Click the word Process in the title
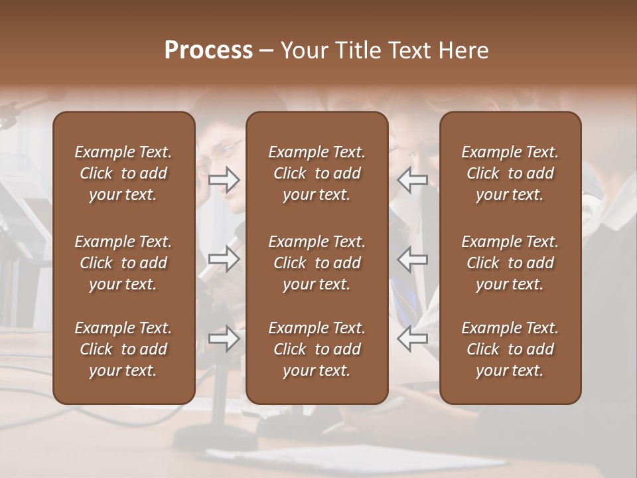(208, 50)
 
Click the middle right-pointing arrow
(224, 259)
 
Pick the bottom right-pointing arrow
(224, 339)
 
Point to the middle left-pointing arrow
(412, 259)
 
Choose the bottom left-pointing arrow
(412, 339)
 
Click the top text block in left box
(123, 173)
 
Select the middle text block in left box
(123, 263)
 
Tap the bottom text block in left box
(123, 349)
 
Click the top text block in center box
(317, 173)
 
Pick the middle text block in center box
(317, 263)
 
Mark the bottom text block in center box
(317, 349)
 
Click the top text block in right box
(510, 173)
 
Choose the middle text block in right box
(510, 263)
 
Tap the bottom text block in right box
(510, 349)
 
